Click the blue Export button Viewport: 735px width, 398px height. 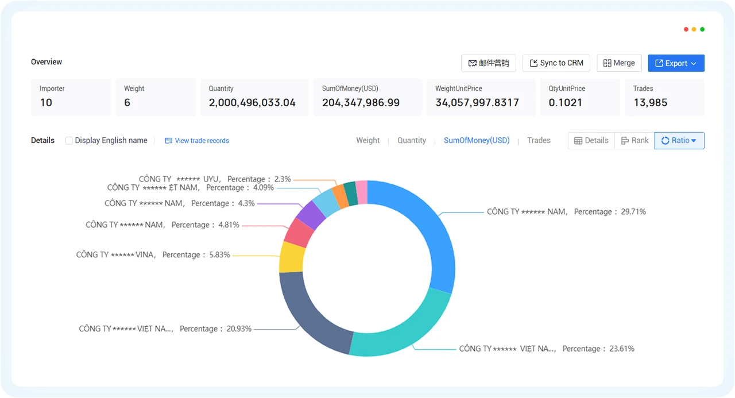(x=676, y=63)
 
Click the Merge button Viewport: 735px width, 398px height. (x=619, y=63)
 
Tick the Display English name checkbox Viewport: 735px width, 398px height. (x=69, y=141)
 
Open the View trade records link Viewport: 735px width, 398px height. (x=197, y=141)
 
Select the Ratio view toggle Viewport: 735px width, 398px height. (x=679, y=141)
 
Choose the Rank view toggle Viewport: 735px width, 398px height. (x=635, y=141)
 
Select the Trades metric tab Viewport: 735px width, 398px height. (x=539, y=141)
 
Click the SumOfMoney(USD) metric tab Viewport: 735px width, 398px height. (x=477, y=141)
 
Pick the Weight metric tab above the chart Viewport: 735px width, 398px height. (x=368, y=141)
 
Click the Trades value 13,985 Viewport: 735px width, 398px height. (x=651, y=103)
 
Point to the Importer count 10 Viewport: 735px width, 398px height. (x=47, y=103)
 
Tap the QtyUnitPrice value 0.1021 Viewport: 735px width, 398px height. (x=566, y=103)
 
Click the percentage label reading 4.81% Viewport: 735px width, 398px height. (x=229, y=225)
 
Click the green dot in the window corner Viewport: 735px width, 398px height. (x=702, y=29)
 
